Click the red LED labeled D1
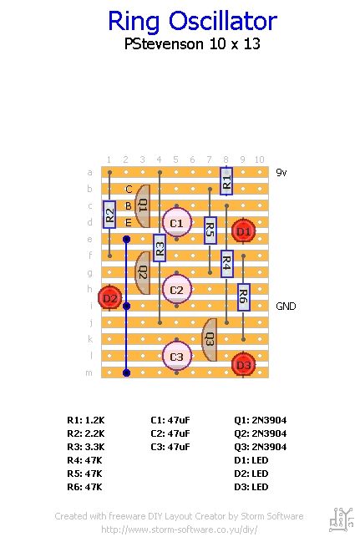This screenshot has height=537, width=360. click(x=243, y=231)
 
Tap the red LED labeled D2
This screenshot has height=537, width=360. click(x=109, y=297)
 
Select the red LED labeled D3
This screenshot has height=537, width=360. click(x=243, y=364)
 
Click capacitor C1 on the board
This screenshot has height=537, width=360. click(x=176, y=223)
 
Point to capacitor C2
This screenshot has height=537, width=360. click(x=176, y=290)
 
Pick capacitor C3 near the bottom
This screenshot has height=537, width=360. click(x=176, y=357)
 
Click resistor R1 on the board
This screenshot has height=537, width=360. click(x=226, y=180)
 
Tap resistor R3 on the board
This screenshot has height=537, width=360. click(x=160, y=247)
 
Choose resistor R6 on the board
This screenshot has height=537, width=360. click(x=243, y=296)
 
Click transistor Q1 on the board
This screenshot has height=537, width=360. click(x=142, y=205)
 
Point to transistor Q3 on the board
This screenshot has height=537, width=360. click(x=210, y=339)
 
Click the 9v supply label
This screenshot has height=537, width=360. click(x=282, y=173)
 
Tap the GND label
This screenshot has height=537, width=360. click(x=286, y=306)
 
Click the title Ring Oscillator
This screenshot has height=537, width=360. click(x=192, y=21)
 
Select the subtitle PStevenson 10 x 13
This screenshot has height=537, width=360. click(x=192, y=44)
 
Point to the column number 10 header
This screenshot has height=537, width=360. click(x=259, y=160)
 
